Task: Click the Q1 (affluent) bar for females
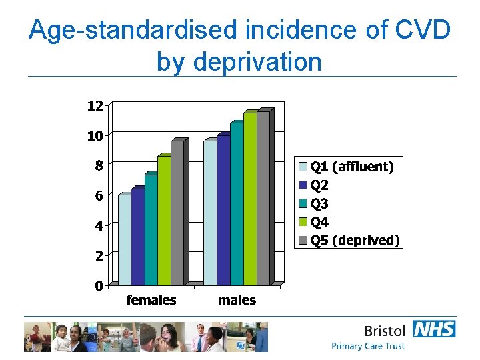124,240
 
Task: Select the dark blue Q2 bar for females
137,237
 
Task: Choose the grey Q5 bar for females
177,213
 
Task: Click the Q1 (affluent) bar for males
210,213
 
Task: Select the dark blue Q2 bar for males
223,211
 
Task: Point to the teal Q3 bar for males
237,204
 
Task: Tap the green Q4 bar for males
250,199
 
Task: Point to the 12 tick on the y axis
95,105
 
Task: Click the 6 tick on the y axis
98,195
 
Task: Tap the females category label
151,300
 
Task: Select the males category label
237,300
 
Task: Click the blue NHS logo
434,329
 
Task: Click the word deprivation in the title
239,61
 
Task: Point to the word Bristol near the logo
385,331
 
